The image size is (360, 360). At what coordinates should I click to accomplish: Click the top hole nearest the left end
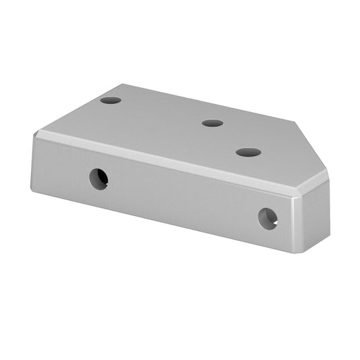click(111, 100)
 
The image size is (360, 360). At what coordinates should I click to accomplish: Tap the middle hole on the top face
click(212, 123)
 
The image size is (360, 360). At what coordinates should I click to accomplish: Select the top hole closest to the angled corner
click(249, 152)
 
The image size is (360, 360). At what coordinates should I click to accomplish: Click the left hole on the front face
click(99, 178)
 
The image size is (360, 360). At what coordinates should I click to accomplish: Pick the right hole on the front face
click(268, 218)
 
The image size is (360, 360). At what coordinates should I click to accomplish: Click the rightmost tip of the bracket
click(328, 177)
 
